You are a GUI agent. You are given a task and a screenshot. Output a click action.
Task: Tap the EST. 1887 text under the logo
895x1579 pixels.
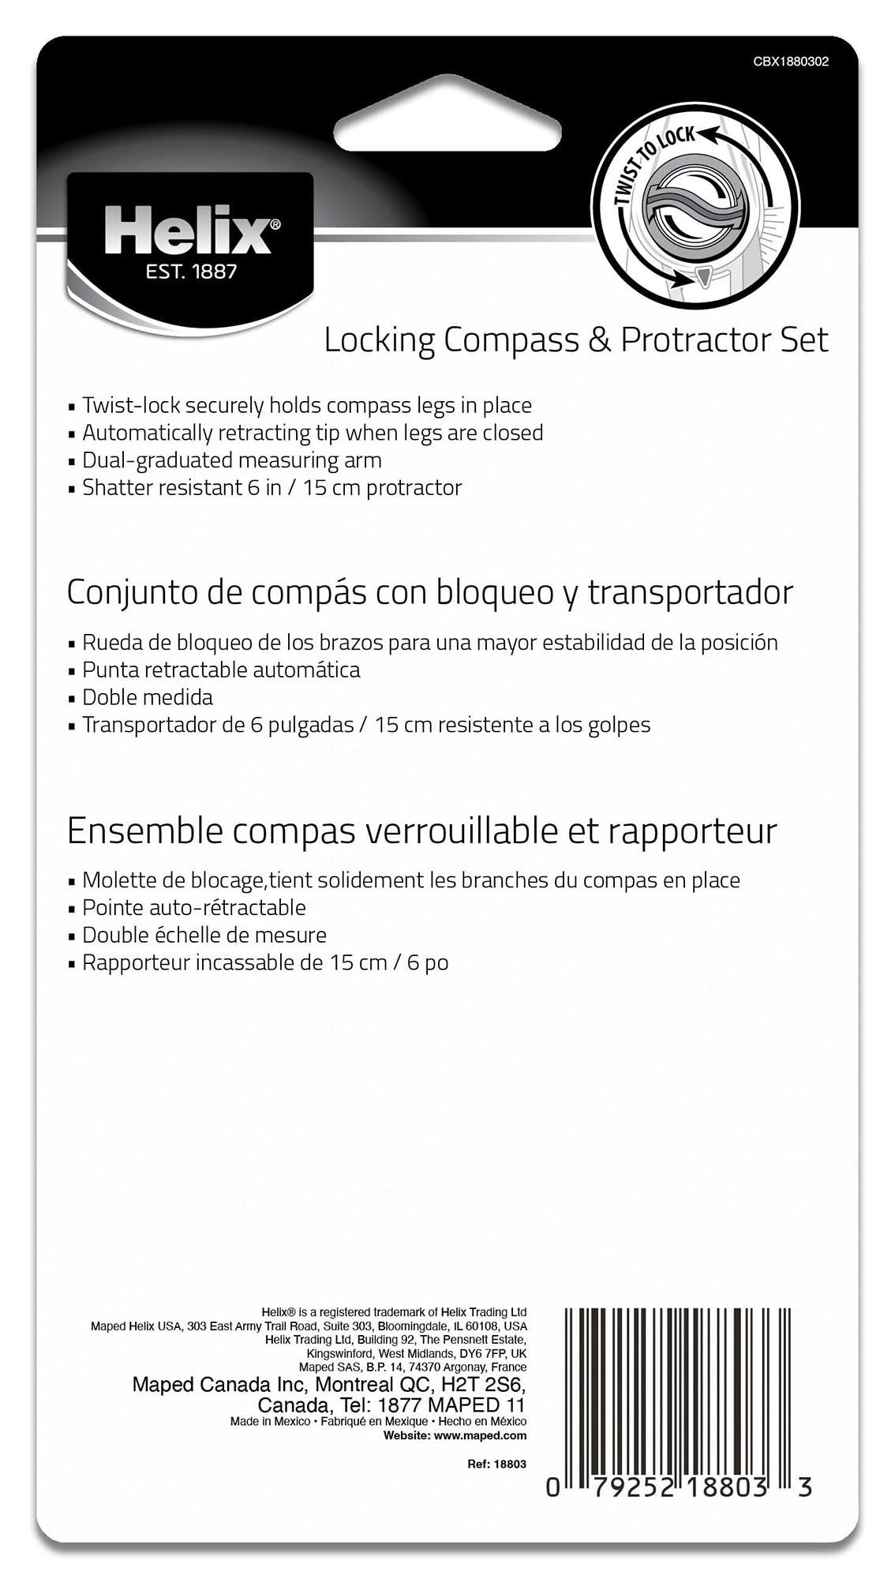191,272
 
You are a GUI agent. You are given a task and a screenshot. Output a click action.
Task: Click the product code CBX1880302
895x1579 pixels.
791,62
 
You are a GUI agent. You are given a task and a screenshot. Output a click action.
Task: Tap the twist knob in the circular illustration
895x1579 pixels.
695,212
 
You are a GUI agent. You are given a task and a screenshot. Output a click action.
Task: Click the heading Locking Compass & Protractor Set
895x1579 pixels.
576,340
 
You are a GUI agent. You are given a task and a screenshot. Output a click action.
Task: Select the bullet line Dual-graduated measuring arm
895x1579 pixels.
231,460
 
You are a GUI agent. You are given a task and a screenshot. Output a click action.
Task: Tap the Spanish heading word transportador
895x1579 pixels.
691,592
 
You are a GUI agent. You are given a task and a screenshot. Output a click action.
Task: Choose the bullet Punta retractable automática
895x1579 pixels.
221,670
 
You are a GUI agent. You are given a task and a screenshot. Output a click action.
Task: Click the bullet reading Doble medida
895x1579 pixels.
148,698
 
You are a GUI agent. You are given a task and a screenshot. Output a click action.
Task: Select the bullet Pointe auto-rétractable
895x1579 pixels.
193,908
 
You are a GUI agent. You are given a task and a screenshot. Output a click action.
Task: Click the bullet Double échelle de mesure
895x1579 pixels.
204,936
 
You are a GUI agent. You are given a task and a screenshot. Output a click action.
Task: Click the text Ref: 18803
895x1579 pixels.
496,1464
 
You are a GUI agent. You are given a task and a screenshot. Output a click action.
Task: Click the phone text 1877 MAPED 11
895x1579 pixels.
451,1405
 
